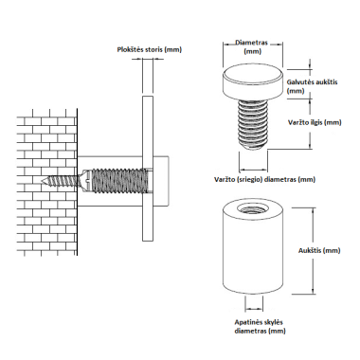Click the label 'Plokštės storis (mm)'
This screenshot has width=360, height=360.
pos(150,49)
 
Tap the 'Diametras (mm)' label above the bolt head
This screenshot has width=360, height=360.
pos(252,46)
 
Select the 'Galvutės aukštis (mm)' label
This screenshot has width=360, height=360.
pos(312,86)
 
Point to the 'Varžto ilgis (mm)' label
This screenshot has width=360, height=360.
pos(315,122)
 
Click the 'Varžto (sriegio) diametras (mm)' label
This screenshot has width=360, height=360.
pos(264,179)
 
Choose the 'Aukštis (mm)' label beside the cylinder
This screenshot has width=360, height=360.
pos(319,250)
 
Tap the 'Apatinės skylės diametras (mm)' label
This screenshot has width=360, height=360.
pos(260,327)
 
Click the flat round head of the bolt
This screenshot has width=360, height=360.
pos(253,82)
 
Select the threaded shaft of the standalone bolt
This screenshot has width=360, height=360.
pos(253,124)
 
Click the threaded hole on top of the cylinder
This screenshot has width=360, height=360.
pos(252,208)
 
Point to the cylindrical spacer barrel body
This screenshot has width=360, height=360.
pos(253,248)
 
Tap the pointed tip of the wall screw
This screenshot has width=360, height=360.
pos(43,181)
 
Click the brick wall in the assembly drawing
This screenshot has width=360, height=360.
pos(46,182)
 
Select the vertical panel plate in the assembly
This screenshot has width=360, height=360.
pos(148,168)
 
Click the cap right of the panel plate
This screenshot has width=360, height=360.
pos(161,181)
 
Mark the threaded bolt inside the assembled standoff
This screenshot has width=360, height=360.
pos(119,181)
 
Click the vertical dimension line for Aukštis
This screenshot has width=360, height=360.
pos(313,251)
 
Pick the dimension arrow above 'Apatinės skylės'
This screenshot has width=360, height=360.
pos(254,309)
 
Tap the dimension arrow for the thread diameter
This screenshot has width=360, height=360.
pos(254,167)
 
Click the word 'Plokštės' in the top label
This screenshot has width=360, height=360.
pos(131,49)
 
